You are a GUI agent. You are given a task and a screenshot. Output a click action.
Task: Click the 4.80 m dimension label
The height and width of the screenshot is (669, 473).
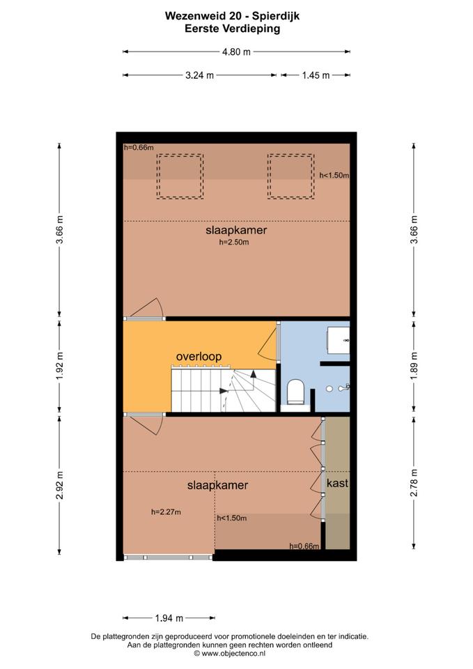[236, 52]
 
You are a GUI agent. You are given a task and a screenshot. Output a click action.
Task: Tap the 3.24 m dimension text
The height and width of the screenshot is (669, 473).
[200, 75]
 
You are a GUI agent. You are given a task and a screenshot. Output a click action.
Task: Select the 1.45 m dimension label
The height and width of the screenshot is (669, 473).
[316, 75]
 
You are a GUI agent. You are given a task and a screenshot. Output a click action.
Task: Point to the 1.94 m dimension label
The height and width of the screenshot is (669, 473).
[169, 618]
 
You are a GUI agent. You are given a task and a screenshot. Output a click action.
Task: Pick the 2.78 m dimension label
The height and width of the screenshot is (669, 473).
[414, 482]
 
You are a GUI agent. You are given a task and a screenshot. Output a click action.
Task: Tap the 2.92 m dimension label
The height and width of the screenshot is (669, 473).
[59, 485]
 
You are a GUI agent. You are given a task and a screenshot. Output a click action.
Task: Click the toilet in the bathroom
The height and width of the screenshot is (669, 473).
[295, 392]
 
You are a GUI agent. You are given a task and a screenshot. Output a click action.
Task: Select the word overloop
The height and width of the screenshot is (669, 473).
[199, 356]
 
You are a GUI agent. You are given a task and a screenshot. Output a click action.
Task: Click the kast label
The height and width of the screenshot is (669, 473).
[337, 483]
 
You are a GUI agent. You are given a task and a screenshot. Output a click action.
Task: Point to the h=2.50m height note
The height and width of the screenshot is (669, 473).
[234, 243]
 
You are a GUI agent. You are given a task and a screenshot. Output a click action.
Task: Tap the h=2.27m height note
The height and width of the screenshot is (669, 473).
[166, 512]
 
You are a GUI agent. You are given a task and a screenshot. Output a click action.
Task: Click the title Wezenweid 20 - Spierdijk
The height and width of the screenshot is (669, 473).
[233, 16]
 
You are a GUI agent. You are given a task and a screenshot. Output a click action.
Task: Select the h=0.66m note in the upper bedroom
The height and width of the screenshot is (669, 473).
[139, 148]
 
